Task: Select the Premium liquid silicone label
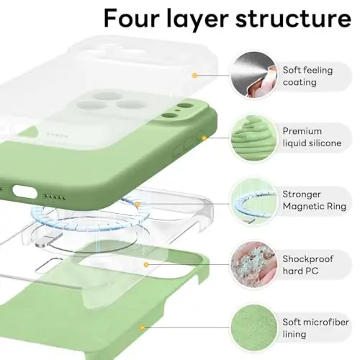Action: (x=312, y=138)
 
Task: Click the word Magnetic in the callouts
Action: (x=307, y=206)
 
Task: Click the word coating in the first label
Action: (x=299, y=82)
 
